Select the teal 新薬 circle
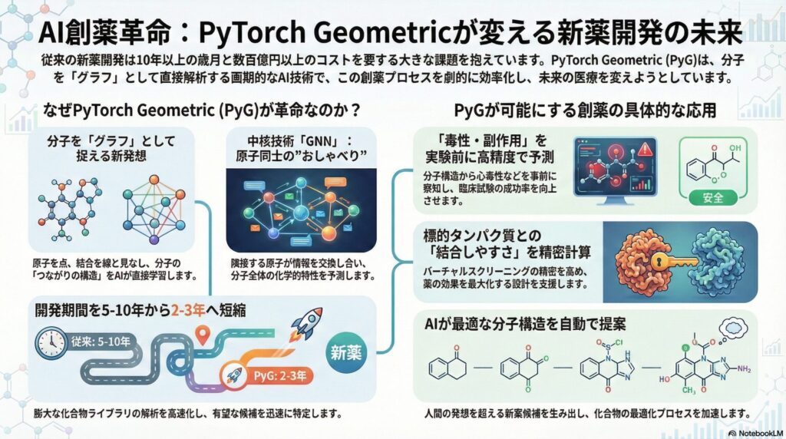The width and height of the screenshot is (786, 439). point(350,352)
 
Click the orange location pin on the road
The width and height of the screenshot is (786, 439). point(203,335)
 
